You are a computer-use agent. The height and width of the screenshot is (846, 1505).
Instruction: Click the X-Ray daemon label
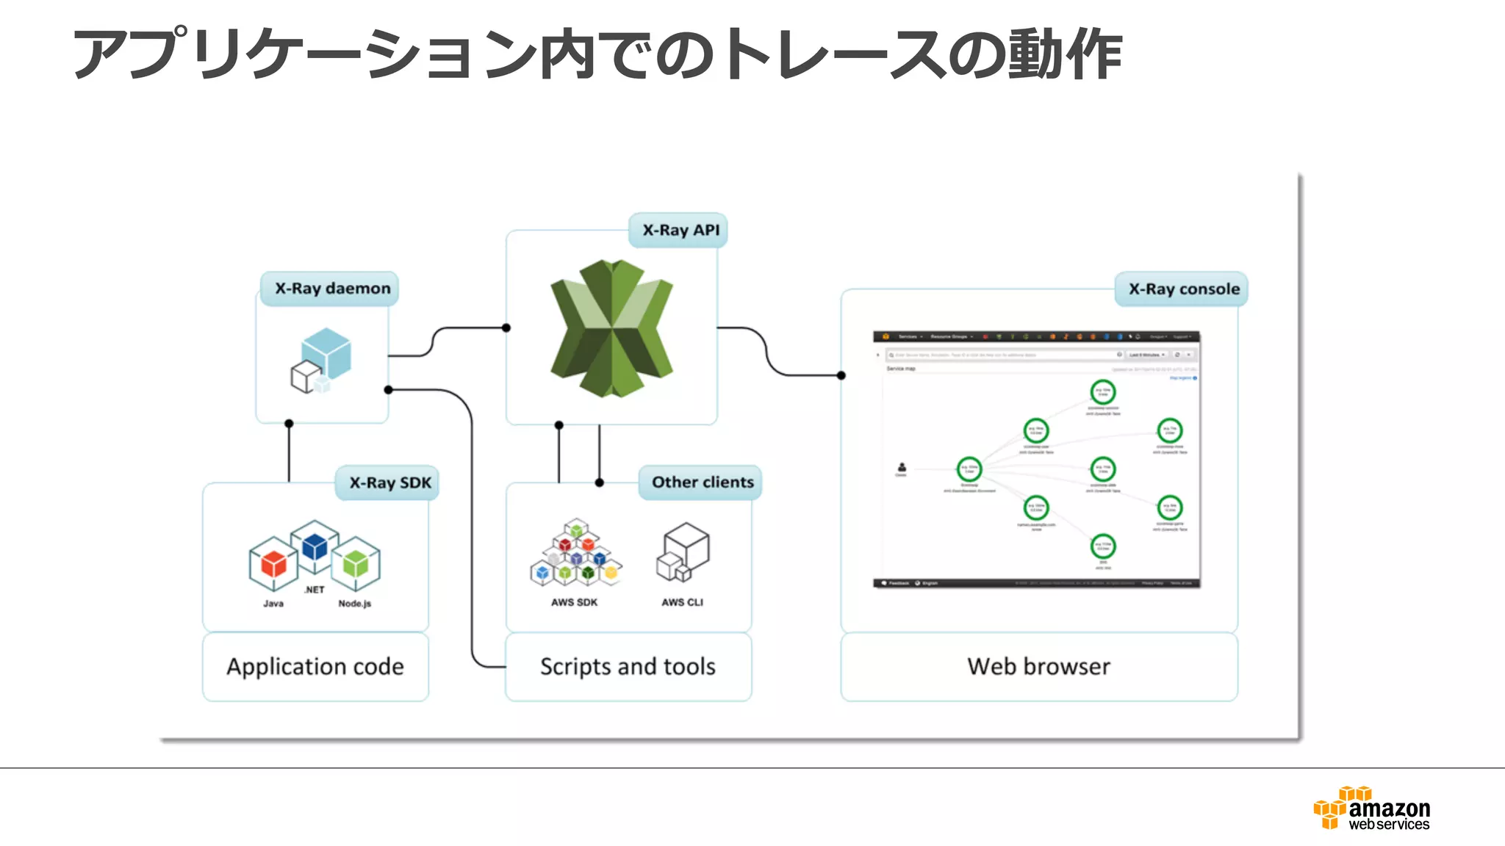pos(332,289)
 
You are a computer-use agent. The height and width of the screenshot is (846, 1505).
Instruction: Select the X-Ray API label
pos(680,231)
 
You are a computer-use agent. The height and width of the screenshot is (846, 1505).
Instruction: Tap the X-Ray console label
pos(1183,289)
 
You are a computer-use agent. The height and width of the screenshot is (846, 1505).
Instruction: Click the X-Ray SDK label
pos(389,483)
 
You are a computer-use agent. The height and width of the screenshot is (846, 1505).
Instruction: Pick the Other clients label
pos(702,482)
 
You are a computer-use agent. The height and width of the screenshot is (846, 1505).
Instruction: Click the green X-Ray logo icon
pos(611,328)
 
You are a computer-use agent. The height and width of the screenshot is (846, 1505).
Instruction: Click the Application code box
pos(315,667)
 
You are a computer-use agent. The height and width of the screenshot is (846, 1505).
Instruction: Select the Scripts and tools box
pos(628,667)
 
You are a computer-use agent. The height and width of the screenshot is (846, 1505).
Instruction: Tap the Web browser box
pos(1038,667)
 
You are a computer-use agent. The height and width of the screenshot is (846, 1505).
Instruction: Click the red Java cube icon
pos(273,564)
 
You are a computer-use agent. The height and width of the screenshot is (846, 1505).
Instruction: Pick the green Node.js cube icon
pos(356,564)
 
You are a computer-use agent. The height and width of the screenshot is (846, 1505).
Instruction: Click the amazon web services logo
pos(1373,809)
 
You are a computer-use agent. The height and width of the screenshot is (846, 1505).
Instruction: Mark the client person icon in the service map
pos(902,468)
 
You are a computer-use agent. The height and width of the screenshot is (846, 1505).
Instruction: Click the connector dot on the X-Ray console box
pos(841,375)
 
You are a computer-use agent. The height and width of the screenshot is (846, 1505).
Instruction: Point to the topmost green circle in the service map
pos(1102,392)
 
